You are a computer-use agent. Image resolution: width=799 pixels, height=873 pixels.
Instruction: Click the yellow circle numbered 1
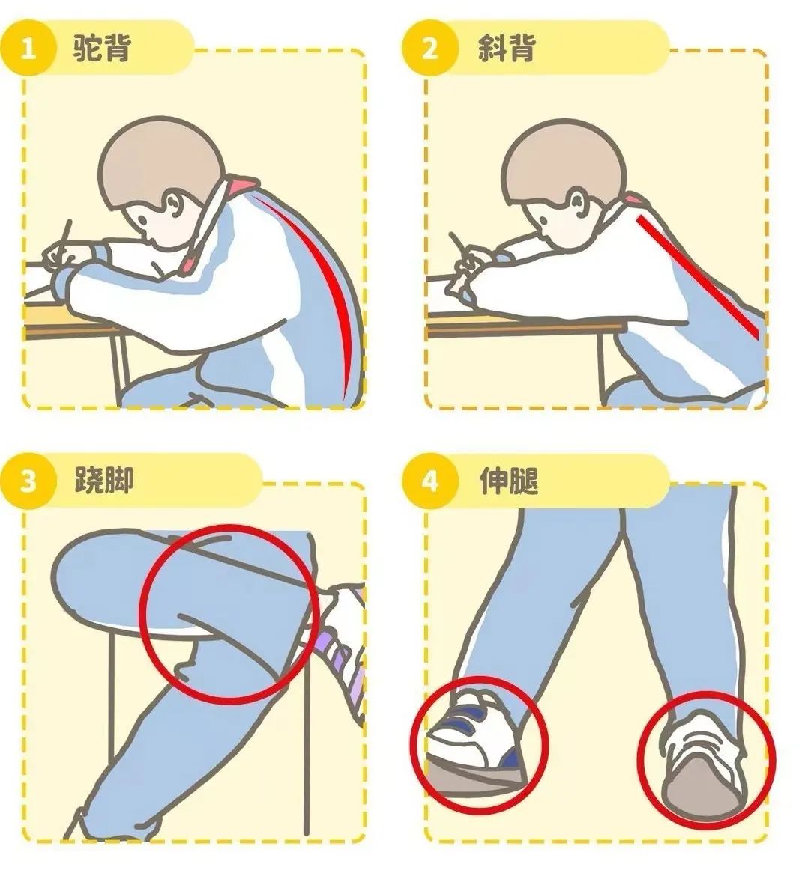[x=28, y=48]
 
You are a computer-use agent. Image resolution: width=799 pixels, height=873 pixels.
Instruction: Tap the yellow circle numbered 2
[x=429, y=48]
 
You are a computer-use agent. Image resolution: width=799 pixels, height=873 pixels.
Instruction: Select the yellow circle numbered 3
[x=28, y=481]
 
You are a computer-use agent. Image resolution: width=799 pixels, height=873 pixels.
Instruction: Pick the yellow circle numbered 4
[x=429, y=481]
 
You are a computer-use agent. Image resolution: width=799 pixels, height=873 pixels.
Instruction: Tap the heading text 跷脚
[x=104, y=479]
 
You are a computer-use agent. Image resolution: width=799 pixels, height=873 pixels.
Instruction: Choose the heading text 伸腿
[x=509, y=479]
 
